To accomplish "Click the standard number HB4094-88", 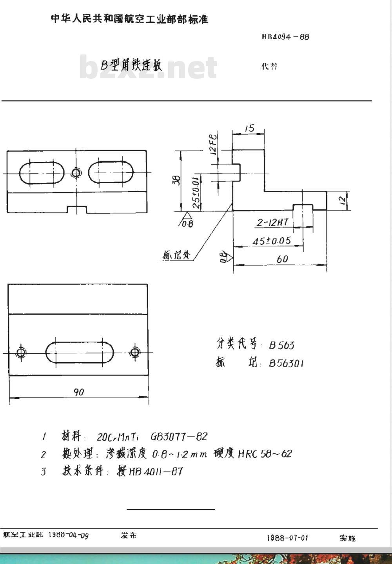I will pyautogui.click(x=285, y=37).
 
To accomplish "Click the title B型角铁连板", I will pyautogui.click(x=131, y=65).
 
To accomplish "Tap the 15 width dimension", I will pyautogui.click(x=249, y=128).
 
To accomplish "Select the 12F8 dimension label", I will pyautogui.click(x=213, y=145).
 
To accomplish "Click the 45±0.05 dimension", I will pyautogui.click(x=272, y=241).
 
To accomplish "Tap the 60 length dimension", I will pyautogui.click(x=282, y=259).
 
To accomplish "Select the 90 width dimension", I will pyautogui.click(x=79, y=392).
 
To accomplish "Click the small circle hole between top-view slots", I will pyautogui.click(x=76, y=172).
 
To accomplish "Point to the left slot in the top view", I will pyautogui.click(x=42, y=172).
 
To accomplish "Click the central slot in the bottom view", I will pyautogui.click(x=80, y=352).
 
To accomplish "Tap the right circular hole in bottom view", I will pyautogui.click(x=135, y=352).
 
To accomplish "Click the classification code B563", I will pyautogui.click(x=281, y=345).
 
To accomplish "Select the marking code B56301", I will pyautogui.click(x=286, y=363).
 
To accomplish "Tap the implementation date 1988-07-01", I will pyautogui.click(x=287, y=538).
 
